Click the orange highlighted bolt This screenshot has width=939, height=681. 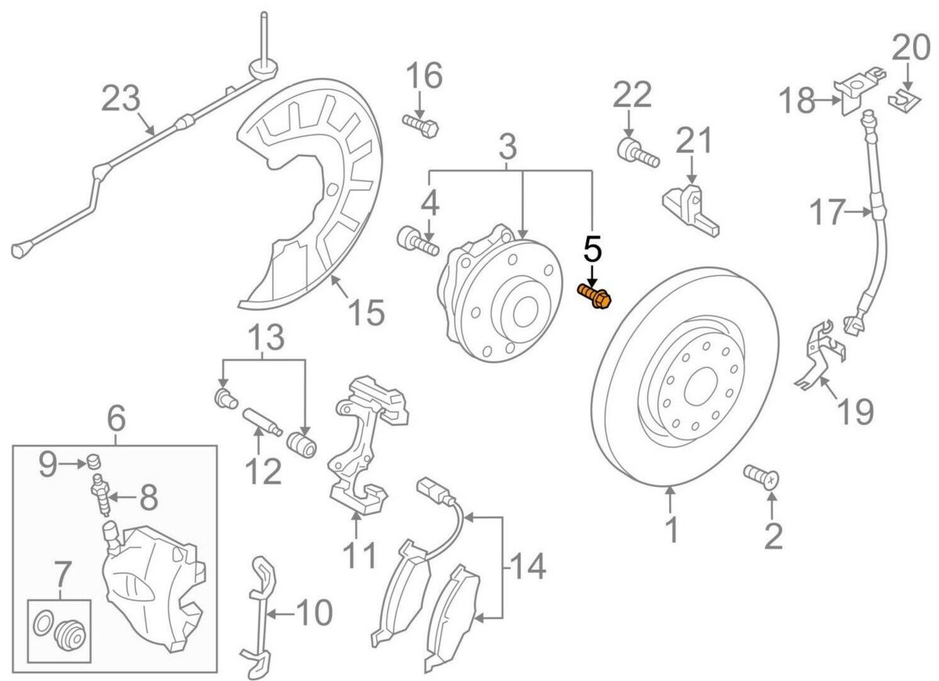596,297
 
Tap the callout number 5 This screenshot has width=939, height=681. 592,250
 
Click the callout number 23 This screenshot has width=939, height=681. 121,99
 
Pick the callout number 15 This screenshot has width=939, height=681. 365,313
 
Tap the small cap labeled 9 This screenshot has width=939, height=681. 95,458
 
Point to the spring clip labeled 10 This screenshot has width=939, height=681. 261,614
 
